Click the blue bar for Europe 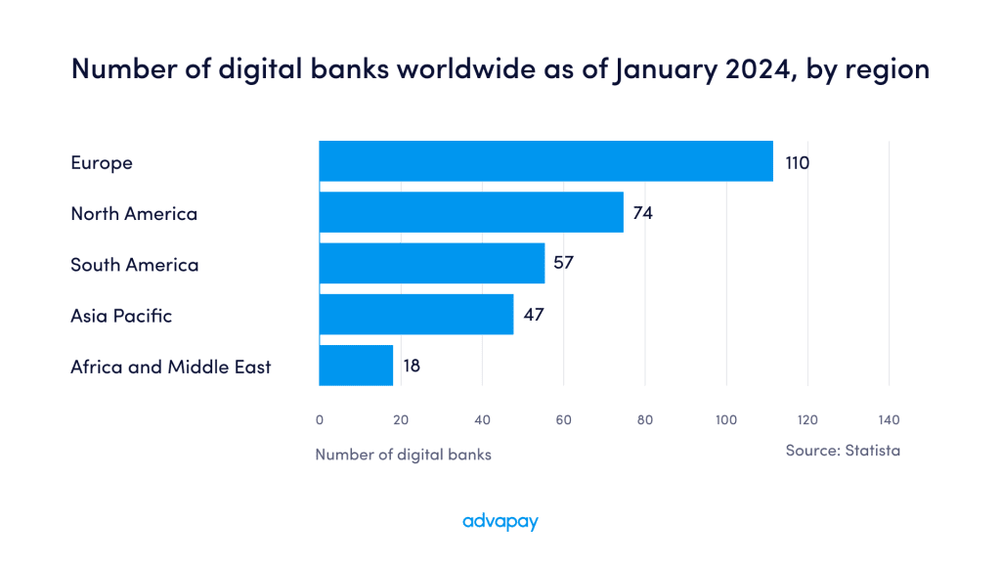tap(545, 161)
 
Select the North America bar tap(471, 212)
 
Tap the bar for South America tap(431, 264)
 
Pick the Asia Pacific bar tap(415, 315)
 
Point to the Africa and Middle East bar tap(356, 366)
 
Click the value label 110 tap(797, 162)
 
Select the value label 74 tap(642, 213)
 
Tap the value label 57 tap(563, 264)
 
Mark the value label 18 tap(412, 367)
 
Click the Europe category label tap(102, 162)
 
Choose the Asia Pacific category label tap(121, 316)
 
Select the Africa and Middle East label tap(171, 367)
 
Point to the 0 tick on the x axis tap(320, 420)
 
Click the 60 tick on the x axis tap(563, 420)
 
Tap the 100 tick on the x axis tap(725, 420)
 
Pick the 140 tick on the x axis tap(888, 420)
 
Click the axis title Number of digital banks tap(403, 455)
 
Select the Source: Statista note tap(843, 451)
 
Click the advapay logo tap(500, 522)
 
